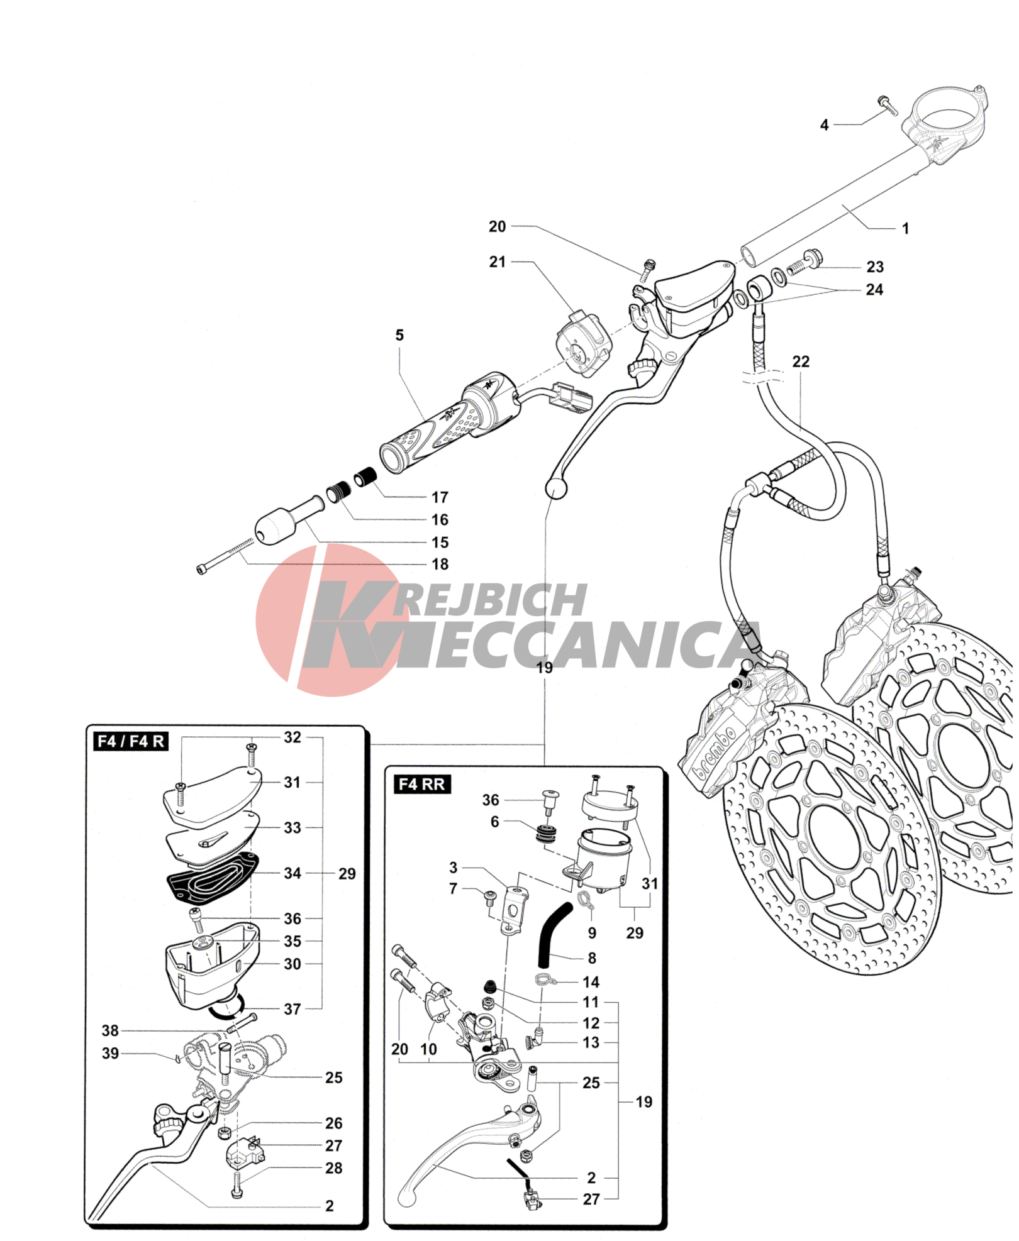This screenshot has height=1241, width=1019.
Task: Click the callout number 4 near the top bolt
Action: coord(824,125)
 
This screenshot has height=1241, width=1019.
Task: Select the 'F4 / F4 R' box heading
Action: coord(130,741)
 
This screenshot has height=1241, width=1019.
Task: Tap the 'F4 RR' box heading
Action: coord(421,784)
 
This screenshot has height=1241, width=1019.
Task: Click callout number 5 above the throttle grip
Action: coord(399,335)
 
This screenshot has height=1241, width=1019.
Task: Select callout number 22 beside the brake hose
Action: coord(801,361)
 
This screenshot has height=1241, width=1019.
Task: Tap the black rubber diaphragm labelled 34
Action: coord(211,877)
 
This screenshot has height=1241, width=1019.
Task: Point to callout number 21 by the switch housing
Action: coord(497,262)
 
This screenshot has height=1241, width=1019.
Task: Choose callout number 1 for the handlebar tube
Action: coord(905,228)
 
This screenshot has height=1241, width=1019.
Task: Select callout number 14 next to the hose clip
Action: coord(591,981)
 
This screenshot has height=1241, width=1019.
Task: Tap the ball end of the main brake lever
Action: coord(555,487)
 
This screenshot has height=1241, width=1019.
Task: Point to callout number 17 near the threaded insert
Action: coord(440,497)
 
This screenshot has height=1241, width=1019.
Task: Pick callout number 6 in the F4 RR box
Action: coord(494,822)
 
